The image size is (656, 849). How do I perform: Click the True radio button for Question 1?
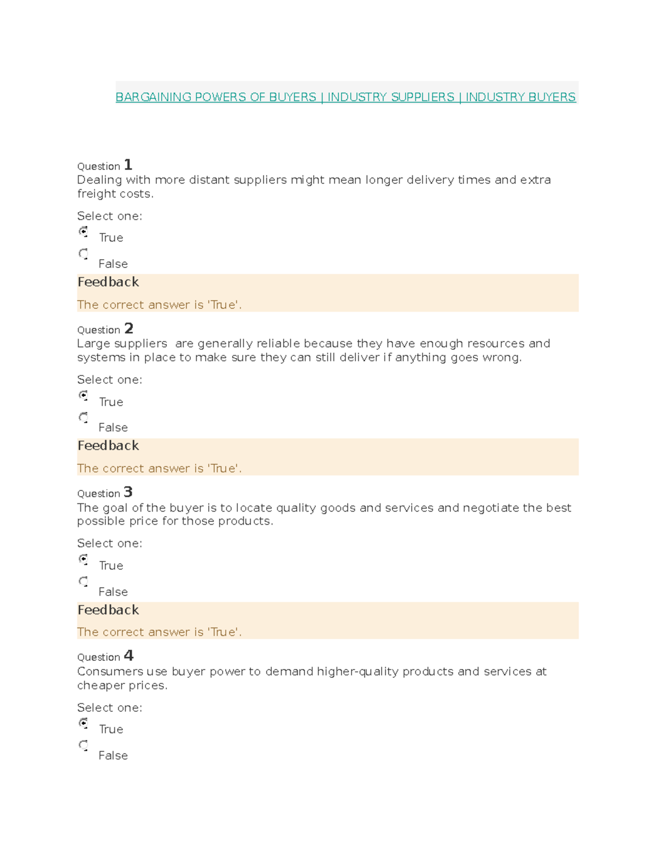(x=83, y=232)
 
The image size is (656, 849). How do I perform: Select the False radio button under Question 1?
(x=83, y=254)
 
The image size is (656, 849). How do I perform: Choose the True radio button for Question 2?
(x=83, y=395)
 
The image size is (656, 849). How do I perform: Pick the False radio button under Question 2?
(x=83, y=418)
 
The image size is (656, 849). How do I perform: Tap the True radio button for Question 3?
(x=83, y=559)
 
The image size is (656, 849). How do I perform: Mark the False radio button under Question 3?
(x=83, y=581)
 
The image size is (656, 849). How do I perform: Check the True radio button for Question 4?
(x=83, y=723)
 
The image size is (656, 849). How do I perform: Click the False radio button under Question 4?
(x=83, y=745)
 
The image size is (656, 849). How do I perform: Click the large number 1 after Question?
(x=128, y=165)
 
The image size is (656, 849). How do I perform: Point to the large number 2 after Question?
(x=128, y=328)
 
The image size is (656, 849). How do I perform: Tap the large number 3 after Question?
(x=128, y=492)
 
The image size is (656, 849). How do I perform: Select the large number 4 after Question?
(x=128, y=655)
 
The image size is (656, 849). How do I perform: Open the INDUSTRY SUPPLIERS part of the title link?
(x=390, y=97)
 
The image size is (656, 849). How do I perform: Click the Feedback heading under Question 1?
(x=108, y=282)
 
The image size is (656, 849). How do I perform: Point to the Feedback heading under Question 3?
(x=108, y=610)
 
